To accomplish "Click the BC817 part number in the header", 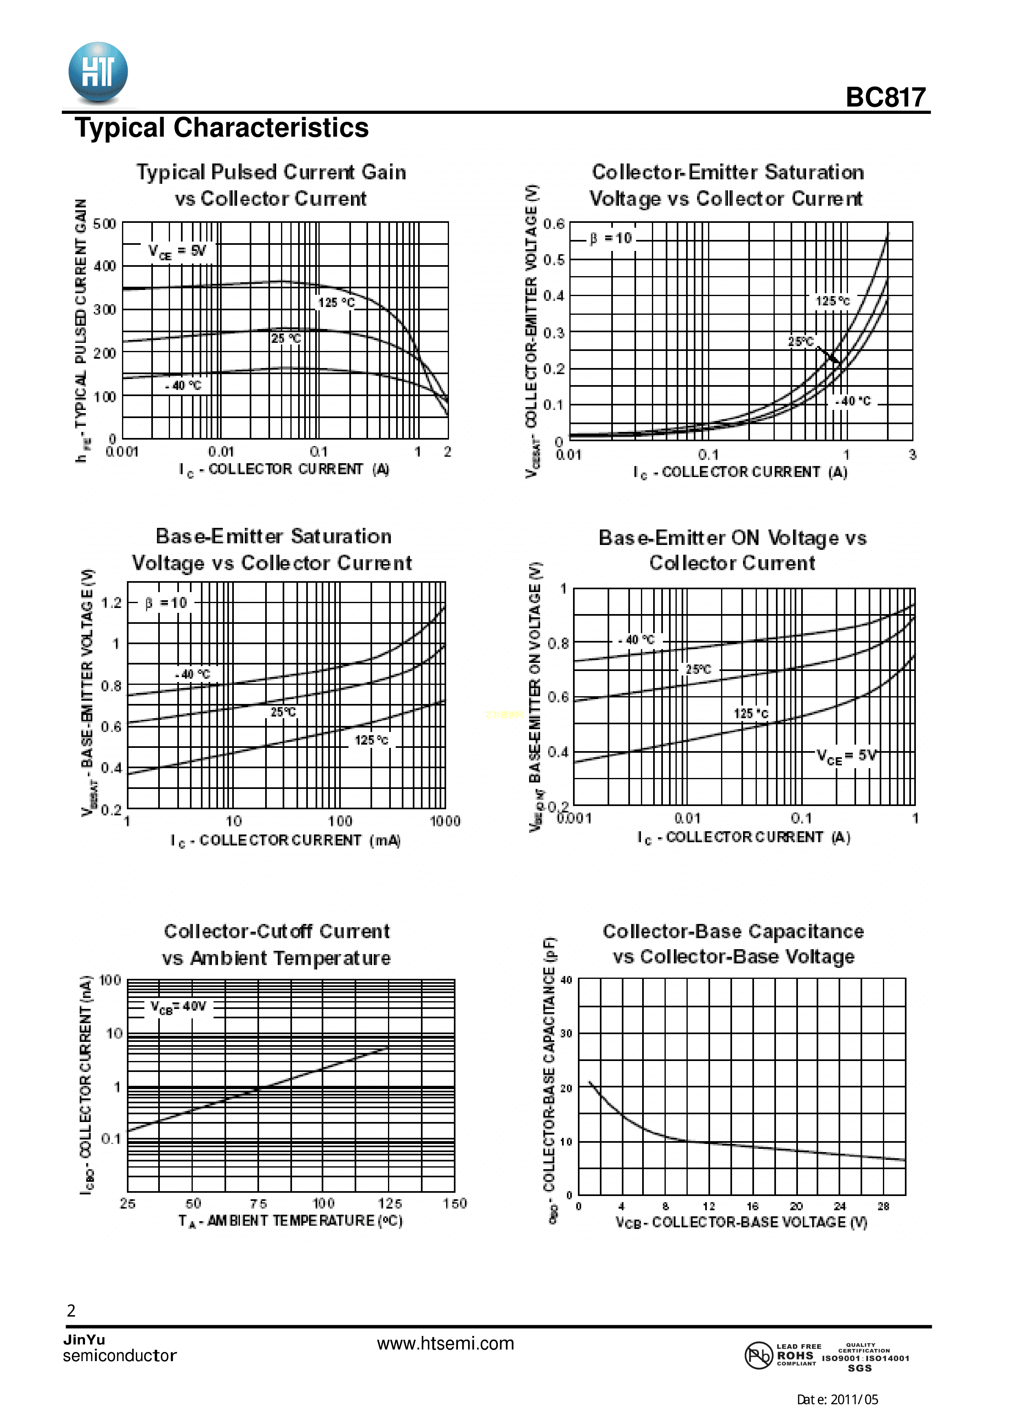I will (x=885, y=98).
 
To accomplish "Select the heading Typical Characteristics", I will (x=222, y=128).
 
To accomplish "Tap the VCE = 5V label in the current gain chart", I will (x=177, y=251).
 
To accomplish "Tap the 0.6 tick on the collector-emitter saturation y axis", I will (x=554, y=224).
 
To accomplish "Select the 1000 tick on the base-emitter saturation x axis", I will (x=445, y=821).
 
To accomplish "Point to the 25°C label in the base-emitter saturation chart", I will (x=283, y=712).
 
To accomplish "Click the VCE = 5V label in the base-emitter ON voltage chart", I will (x=847, y=756).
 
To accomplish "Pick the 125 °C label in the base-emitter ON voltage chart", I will (x=751, y=713).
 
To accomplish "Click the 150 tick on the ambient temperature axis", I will (x=454, y=1204).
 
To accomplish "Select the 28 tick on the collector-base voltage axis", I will (x=883, y=1206).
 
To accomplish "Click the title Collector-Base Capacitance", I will (x=733, y=932).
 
